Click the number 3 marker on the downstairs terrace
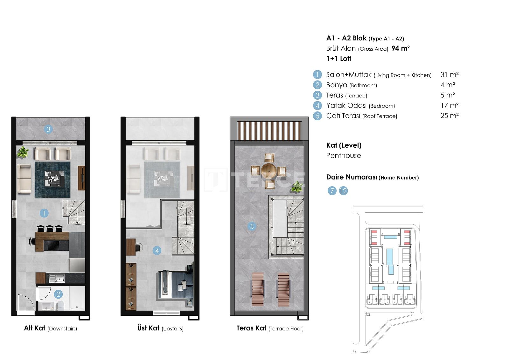[x=48, y=130]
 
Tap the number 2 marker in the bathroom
[x=58, y=294]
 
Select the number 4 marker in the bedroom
[x=157, y=251]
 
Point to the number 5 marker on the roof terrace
[x=252, y=226]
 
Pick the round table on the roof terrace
[x=268, y=171]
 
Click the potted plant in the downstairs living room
[x=23, y=152]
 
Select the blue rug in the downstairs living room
[x=52, y=180]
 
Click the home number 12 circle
[x=343, y=191]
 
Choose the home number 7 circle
[x=332, y=191]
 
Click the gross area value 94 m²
[x=401, y=48]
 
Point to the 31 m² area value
[x=450, y=74]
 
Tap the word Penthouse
[x=343, y=156]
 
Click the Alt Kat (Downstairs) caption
[x=51, y=328]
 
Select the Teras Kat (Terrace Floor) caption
[x=270, y=328]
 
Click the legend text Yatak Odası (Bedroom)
[x=360, y=106]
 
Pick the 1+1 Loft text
[x=338, y=59]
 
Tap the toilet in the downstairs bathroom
[x=60, y=306]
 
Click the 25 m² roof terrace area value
[x=450, y=116]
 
